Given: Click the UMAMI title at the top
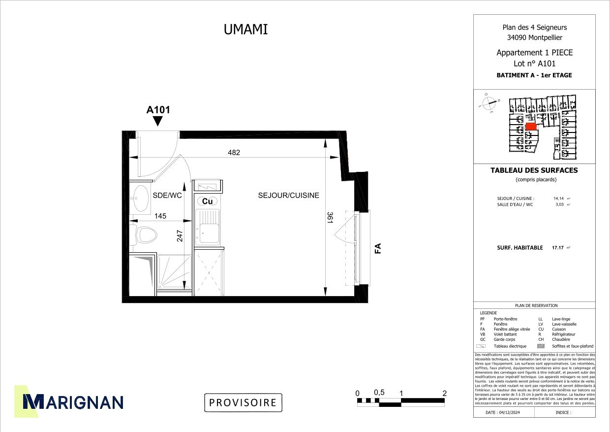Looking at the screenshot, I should [x=245, y=30].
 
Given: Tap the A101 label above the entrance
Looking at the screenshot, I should [x=158, y=110].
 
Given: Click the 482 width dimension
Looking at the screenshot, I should [x=234, y=152].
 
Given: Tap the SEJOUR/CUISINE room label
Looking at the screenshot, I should [x=288, y=195].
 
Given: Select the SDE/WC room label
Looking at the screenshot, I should [x=167, y=195].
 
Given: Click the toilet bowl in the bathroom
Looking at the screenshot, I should [x=146, y=234].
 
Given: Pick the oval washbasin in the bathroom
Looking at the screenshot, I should [x=142, y=198].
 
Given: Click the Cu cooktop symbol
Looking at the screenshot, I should [x=208, y=201].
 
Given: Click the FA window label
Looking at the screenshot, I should [x=378, y=248].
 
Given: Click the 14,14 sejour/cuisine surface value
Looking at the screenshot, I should [x=559, y=199].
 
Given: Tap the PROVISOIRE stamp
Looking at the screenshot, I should [x=243, y=402].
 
